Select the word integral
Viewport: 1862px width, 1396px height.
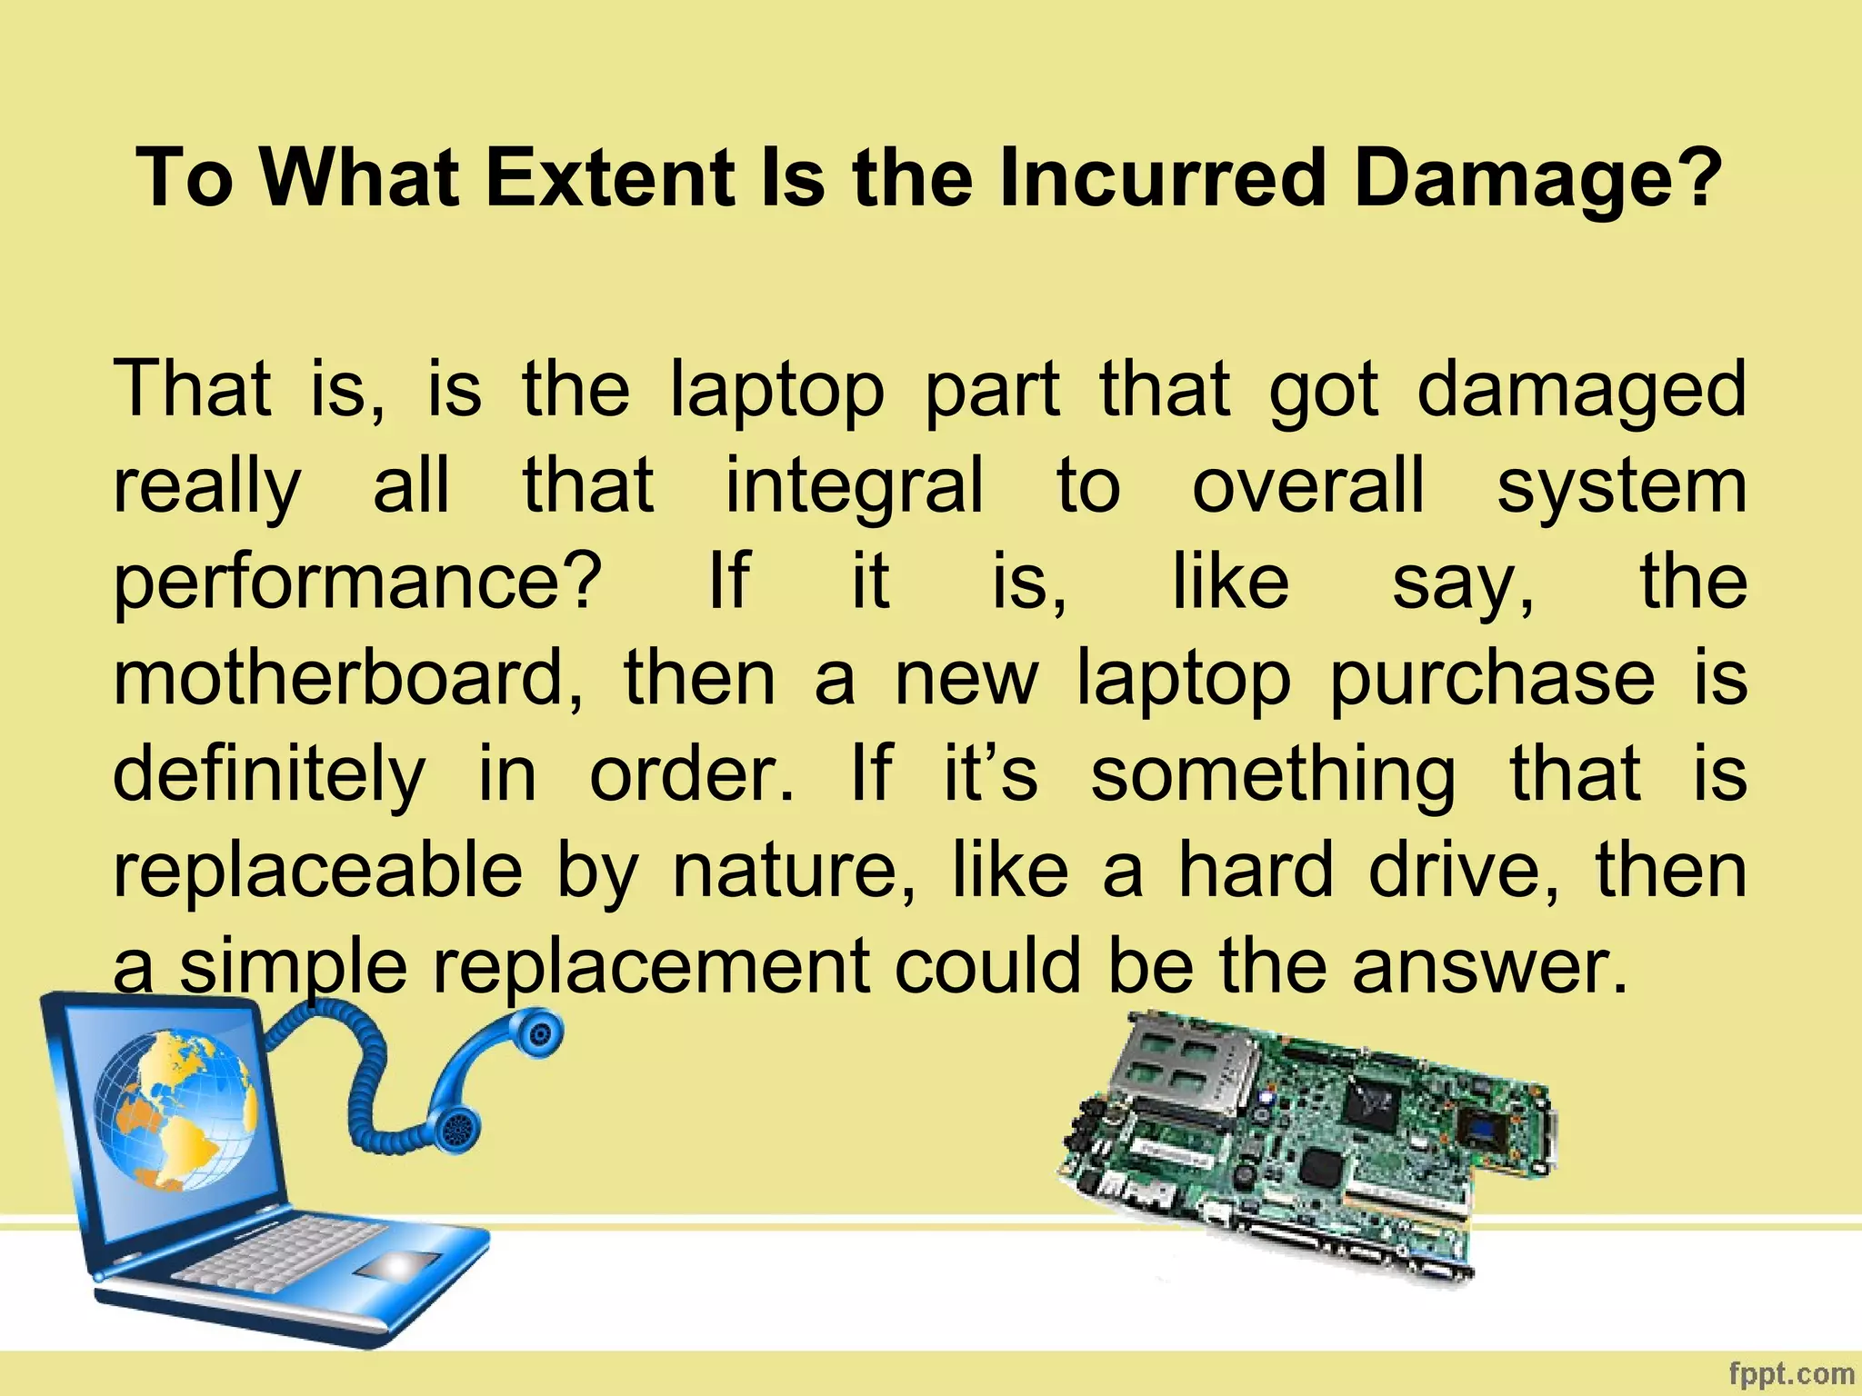click(855, 486)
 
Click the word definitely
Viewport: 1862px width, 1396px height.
click(269, 775)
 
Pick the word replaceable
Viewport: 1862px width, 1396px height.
click(317, 870)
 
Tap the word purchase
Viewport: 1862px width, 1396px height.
click(1492, 680)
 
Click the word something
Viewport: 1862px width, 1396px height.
click(1273, 775)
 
